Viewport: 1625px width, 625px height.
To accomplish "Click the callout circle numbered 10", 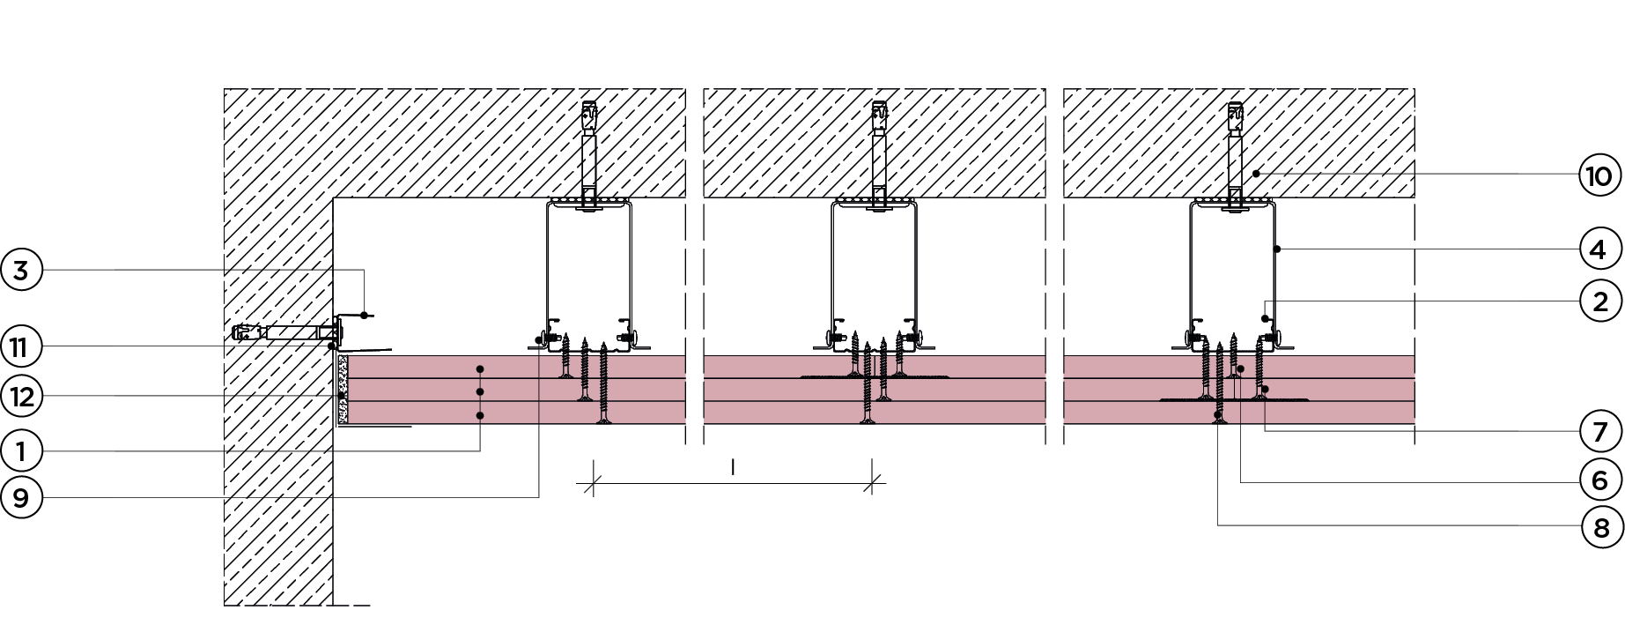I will (x=1599, y=175).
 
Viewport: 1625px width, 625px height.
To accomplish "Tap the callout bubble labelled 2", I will (x=1599, y=301).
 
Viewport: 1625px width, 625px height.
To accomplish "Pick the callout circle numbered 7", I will (x=1599, y=431).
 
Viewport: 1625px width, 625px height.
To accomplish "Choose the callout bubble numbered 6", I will (x=1599, y=480).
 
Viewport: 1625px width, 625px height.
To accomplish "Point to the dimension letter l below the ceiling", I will (x=733, y=467).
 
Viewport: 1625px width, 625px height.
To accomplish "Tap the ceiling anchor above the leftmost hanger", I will (x=589, y=116).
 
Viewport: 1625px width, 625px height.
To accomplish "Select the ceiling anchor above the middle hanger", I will (x=879, y=115).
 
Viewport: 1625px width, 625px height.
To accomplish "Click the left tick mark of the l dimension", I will (x=593, y=482).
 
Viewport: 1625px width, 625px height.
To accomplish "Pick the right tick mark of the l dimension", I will (x=873, y=482).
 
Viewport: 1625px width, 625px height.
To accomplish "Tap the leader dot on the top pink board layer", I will (x=480, y=367).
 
